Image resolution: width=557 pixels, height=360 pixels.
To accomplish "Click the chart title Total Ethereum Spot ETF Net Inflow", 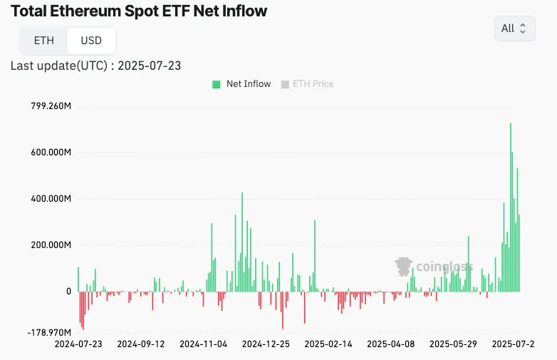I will (x=140, y=11).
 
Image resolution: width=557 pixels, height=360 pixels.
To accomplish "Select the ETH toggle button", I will (x=44, y=41).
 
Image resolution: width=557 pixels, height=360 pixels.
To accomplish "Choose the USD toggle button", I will (x=91, y=41).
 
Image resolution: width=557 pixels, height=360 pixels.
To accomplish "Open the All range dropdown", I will (x=514, y=29).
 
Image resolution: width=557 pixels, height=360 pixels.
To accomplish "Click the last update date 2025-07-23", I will (x=149, y=66).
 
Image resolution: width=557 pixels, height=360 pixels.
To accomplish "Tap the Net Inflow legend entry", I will (x=241, y=84).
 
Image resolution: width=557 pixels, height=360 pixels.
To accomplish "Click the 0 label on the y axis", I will (x=68, y=292).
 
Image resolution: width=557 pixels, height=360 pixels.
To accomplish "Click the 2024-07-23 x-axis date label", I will (x=78, y=344).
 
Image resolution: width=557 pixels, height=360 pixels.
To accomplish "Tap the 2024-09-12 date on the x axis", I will (x=141, y=344).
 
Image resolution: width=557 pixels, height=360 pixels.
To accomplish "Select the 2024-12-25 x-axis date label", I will (x=266, y=344).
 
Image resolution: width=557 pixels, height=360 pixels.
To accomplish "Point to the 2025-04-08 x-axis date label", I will (x=390, y=344).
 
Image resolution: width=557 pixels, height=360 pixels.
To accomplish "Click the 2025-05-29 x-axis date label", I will (x=453, y=344).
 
